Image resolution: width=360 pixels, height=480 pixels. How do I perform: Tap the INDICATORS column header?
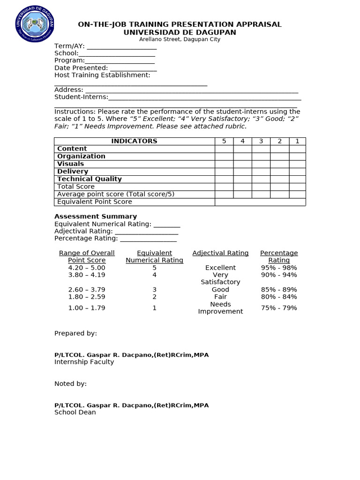pos(134,141)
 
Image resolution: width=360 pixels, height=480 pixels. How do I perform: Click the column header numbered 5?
pos(224,141)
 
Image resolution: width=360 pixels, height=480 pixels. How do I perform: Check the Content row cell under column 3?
pos(261,149)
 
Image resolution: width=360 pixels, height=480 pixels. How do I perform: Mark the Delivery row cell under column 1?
pos(297,172)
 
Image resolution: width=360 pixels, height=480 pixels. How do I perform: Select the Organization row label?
pos(81,156)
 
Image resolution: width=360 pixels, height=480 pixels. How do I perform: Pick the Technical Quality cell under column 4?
pos(242,179)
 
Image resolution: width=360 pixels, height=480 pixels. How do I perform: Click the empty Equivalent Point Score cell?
pos(260,202)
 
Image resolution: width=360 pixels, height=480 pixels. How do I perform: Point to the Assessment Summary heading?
pos(96,217)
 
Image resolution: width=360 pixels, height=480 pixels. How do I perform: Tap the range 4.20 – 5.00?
pos(87,268)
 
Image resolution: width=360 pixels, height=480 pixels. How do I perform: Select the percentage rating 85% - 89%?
pos(279,290)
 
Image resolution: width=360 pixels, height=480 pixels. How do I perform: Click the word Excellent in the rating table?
pos(220,268)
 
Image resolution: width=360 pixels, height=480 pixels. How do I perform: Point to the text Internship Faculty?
pos(84,362)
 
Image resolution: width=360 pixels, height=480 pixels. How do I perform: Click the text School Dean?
pos(75,412)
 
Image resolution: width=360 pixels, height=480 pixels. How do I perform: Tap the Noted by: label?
pos(70,384)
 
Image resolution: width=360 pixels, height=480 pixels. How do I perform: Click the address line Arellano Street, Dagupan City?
pos(180,39)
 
